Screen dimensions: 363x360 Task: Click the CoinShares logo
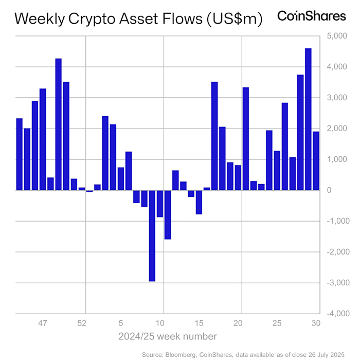click(x=312, y=16)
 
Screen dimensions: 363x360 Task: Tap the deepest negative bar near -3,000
click(x=152, y=235)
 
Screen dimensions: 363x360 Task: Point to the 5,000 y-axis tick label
click(x=334, y=36)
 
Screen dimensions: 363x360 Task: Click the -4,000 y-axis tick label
click(x=332, y=314)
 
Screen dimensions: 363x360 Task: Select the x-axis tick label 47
click(x=43, y=323)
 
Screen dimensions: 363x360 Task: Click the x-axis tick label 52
click(x=81, y=323)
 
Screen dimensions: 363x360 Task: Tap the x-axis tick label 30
click(x=315, y=323)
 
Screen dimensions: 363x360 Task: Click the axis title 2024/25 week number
click(x=167, y=336)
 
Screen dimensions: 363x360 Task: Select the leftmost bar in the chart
click(x=20, y=154)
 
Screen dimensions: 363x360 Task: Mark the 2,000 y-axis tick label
click(x=334, y=129)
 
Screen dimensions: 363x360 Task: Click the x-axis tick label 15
click(x=199, y=323)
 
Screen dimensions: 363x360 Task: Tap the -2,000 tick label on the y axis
click(x=332, y=252)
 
